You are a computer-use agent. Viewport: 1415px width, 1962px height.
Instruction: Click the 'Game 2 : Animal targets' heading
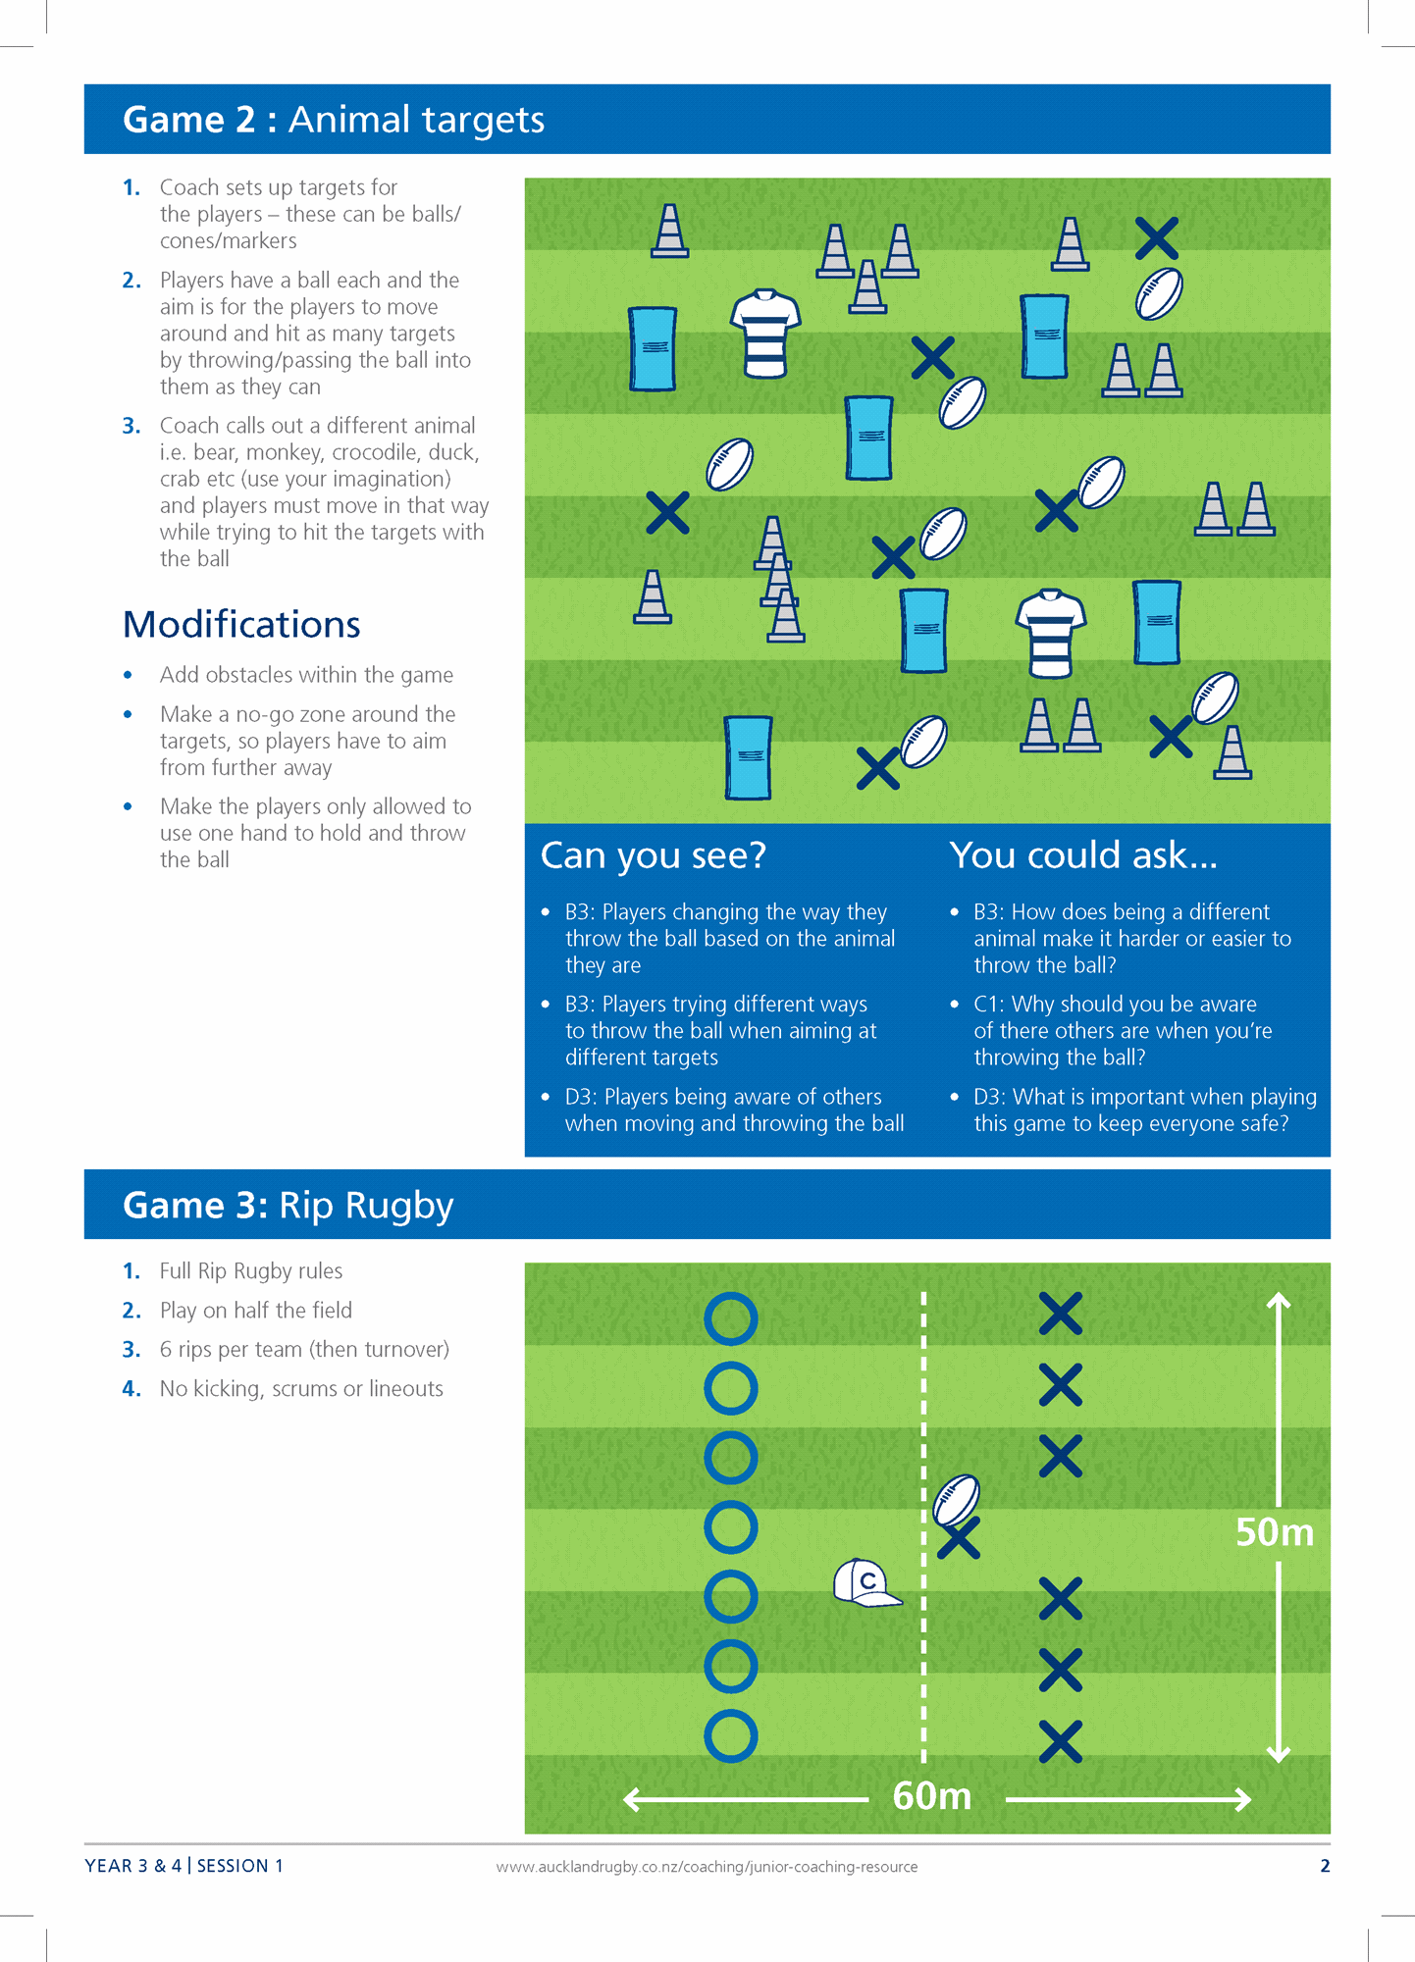pyautogui.click(x=333, y=120)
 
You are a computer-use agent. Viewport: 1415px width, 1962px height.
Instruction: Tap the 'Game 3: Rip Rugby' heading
pyautogui.click(x=288, y=1205)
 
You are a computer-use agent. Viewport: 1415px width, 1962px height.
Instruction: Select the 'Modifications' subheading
pyautogui.click(x=241, y=625)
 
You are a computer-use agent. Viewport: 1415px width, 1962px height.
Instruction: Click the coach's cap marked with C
pyautogui.click(x=865, y=1582)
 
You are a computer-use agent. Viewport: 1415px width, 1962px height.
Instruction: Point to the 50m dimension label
pyautogui.click(x=1274, y=1532)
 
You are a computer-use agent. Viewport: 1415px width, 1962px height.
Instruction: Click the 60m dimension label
pyautogui.click(x=931, y=1796)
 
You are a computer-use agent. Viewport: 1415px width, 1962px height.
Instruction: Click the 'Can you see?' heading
pyautogui.click(x=653, y=855)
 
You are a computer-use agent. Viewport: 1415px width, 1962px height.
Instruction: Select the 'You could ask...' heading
pyautogui.click(x=1082, y=855)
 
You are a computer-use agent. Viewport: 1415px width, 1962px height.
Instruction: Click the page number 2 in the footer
pyautogui.click(x=1325, y=1866)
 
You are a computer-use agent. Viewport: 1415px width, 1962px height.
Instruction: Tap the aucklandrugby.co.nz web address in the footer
pyautogui.click(x=707, y=1867)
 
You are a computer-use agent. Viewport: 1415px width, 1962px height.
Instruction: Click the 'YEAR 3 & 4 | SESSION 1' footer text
pyautogui.click(x=183, y=1866)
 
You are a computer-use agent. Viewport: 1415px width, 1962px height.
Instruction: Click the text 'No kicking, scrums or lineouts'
pyautogui.click(x=301, y=1389)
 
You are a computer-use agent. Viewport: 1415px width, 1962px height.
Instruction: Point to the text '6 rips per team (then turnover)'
pyautogui.click(x=304, y=1350)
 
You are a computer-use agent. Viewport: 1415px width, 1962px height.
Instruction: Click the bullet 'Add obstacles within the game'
pyautogui.click(x=306, y=675)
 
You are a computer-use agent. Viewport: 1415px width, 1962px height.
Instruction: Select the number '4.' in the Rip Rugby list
pyautogui.click(x=131, y=1389)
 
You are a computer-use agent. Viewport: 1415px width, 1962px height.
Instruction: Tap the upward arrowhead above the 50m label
pyautogui.click(x=1278, y=1302)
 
